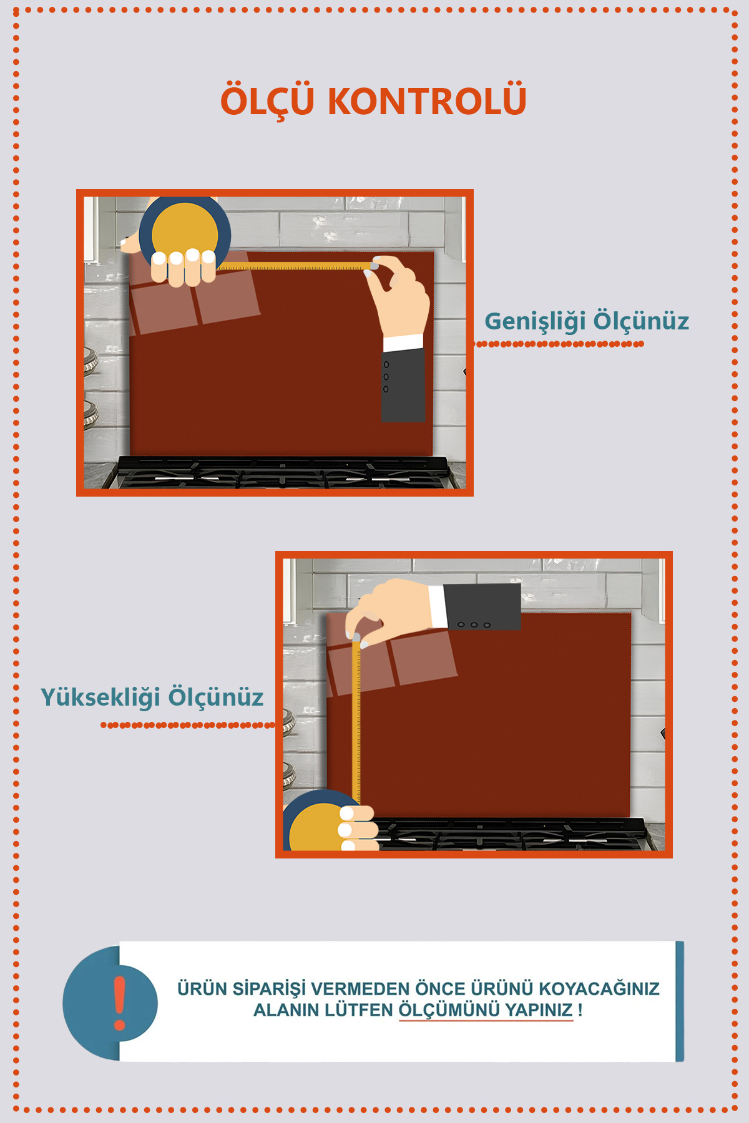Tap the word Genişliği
[535, 321]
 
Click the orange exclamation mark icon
[120, 1003]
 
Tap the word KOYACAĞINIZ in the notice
[599, 989]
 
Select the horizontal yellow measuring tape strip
[294, 267]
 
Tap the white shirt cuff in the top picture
[403, 343]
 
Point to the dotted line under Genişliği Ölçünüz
[559, 344]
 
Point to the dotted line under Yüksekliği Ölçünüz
[188, 725]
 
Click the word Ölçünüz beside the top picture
[641, 321]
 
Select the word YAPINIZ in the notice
[539, 1010]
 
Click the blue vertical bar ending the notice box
[680, 1001]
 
